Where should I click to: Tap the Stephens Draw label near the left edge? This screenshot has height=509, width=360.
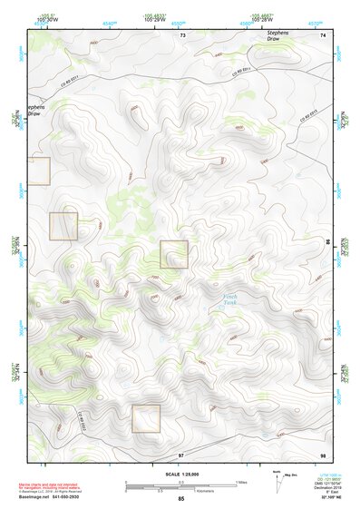(34, 109)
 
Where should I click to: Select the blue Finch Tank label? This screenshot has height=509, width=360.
(232, 300)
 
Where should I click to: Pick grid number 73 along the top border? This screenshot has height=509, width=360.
(182, 34)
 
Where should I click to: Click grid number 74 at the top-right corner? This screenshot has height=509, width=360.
(323, 34)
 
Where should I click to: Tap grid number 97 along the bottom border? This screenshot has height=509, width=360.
(180, 454)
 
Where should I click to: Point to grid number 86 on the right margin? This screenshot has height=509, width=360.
(327, 242)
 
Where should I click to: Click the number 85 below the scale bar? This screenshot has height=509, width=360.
(180, 498)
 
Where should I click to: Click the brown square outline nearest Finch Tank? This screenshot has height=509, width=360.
(174, 254)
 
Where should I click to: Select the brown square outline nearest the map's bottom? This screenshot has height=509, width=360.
(146, 418)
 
